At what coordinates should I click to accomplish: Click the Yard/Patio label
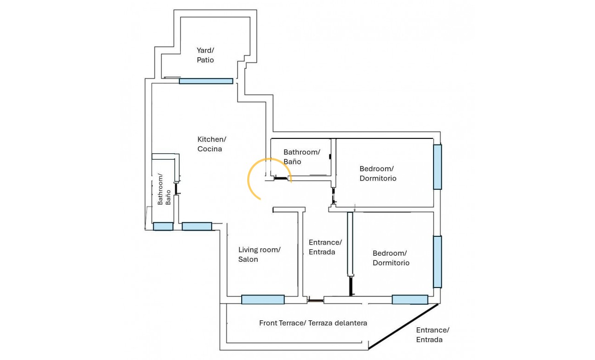pos(205,55)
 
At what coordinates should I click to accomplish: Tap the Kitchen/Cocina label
pos(212,144)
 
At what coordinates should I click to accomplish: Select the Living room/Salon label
pos(259,254)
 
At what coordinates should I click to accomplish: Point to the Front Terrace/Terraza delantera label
pos(313,323)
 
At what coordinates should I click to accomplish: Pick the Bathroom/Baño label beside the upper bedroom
pos(301,156)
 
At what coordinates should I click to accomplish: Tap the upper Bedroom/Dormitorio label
pos(378,173)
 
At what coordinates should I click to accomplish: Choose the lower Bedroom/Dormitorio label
pos(391,258)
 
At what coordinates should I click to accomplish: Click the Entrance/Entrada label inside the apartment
pos(325,247)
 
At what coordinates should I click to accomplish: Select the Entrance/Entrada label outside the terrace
pos(433,335)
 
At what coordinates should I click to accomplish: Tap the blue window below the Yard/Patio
pos(206,81)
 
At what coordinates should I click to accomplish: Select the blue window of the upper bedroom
pos(437,167)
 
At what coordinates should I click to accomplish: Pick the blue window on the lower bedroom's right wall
pos(437,262)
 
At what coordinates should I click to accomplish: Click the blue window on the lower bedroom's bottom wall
pos(410,300)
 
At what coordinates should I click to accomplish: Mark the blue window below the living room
pos(263,300)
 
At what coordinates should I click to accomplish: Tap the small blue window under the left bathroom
pos(163,226)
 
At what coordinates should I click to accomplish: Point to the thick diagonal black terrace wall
pos(403,325)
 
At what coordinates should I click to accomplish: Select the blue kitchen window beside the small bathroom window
pos(197,226)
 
